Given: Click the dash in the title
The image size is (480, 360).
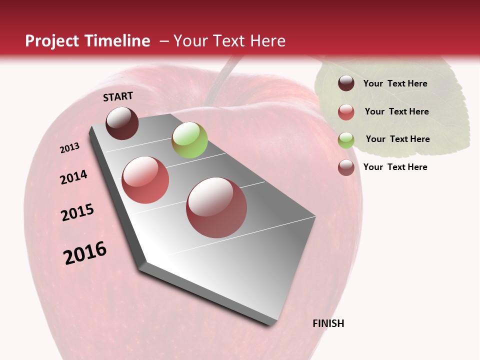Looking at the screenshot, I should click(x=163, y=41).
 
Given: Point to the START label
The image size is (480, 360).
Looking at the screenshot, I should click(x=118, y=96).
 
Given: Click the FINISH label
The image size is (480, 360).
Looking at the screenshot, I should click(x=328, y=323).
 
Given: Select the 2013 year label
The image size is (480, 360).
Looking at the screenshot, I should click(x=70, y=147).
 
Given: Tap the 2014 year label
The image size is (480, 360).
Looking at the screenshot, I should click(x=73, y=177).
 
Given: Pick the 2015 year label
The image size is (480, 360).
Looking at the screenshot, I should click(x=77, y=212).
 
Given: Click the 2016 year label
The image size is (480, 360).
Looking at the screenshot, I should click(x=85, y=252).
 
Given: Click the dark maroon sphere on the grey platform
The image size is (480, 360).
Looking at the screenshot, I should click(x=122, y=123).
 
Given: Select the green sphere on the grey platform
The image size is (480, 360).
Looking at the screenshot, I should click(x=189, y=140).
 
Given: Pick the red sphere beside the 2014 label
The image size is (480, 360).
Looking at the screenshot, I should click(x=145, y=180).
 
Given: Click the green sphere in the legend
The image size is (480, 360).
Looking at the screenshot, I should click(x=346, y=140).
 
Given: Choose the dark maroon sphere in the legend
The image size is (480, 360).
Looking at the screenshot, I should click(x=346, y=83).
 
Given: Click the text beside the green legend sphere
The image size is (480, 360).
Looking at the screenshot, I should click(x=397, y=139).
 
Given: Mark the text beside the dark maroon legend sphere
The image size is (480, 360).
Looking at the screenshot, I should click(x=395, y=83).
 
